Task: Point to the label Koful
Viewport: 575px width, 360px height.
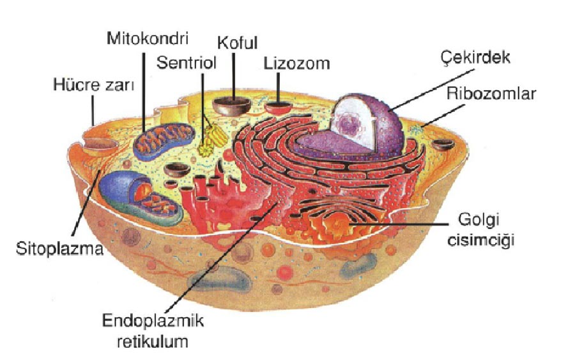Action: (x=238, y=43)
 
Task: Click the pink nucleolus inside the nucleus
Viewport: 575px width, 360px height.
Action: (x=349, y=123)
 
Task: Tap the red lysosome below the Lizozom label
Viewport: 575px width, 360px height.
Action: (x=278, y=107)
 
